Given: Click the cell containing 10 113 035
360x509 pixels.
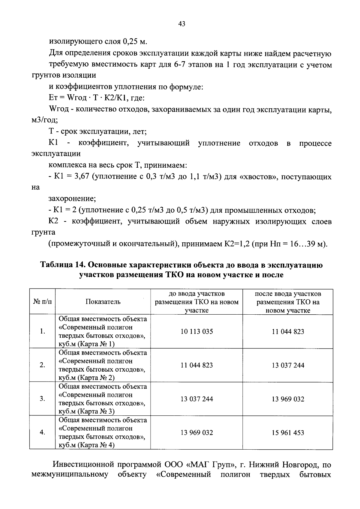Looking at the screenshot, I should (196, 331).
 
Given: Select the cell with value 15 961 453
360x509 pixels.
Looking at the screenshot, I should (288, 433).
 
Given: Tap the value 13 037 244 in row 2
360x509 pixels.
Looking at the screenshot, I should (288, 365).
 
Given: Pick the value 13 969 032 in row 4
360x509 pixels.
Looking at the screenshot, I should (196, 433).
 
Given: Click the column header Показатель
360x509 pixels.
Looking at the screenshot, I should (103, 302).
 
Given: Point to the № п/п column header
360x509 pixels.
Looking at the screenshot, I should (42, 302).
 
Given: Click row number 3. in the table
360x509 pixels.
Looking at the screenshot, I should (42, 399).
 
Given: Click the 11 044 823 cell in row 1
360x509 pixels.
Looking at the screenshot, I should (288, 331).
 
